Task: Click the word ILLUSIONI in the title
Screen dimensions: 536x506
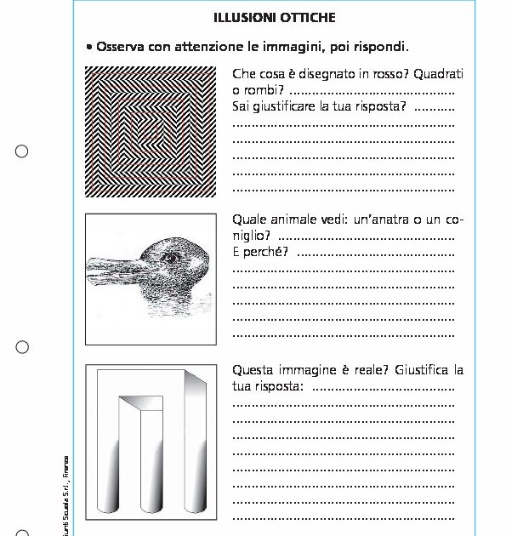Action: (238, 17)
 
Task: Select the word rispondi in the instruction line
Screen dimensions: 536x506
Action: (379, 46)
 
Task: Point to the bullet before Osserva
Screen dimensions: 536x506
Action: (89, 46)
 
